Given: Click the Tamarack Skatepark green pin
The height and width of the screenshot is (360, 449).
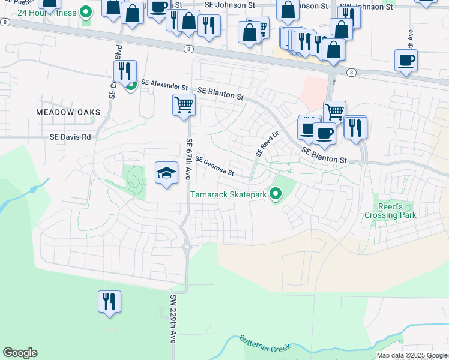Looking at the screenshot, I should [x=276, y=193].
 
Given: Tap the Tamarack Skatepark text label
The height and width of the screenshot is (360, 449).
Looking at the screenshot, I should [x=229, y=194].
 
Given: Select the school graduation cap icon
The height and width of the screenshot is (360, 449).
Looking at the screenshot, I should [x=167, y=173].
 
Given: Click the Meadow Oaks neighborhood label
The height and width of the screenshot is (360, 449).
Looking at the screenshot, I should [x=67, y=112].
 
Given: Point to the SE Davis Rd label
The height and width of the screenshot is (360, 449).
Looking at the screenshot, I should [x=70, y=137].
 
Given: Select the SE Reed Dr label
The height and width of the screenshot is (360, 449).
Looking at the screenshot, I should [x=268, y=145].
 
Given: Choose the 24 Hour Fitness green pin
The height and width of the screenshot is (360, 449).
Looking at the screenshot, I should [x=86, y=11].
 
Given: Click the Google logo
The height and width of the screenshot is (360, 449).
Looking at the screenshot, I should [x=20, y=353].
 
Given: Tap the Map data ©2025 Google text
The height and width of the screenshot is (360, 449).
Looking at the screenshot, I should [x=412, y=355].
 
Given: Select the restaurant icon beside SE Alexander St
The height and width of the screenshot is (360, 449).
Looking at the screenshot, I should [x=125, y=71].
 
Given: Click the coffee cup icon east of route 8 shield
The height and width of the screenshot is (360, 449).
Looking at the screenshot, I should [x=406, y=61].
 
